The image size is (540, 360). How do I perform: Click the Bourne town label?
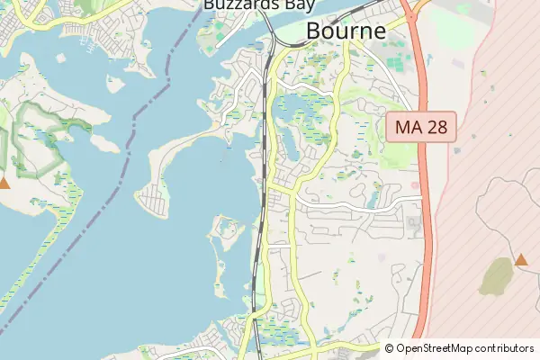coord(346,30)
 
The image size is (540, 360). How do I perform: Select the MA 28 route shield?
coord(422,127)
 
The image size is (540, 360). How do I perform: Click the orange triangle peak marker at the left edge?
coord(4,183)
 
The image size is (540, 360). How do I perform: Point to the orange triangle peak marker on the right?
coord(521,259)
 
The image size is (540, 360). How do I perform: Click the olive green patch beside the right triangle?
coord(496,277)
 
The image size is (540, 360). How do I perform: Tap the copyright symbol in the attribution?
coord(389,348)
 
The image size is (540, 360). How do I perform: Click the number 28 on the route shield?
coord(436,127)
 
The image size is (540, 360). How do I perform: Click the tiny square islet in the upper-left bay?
coord(114,85)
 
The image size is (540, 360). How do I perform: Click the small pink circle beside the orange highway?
coord(414,186)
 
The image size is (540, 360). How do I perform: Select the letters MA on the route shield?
coord(408,127)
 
